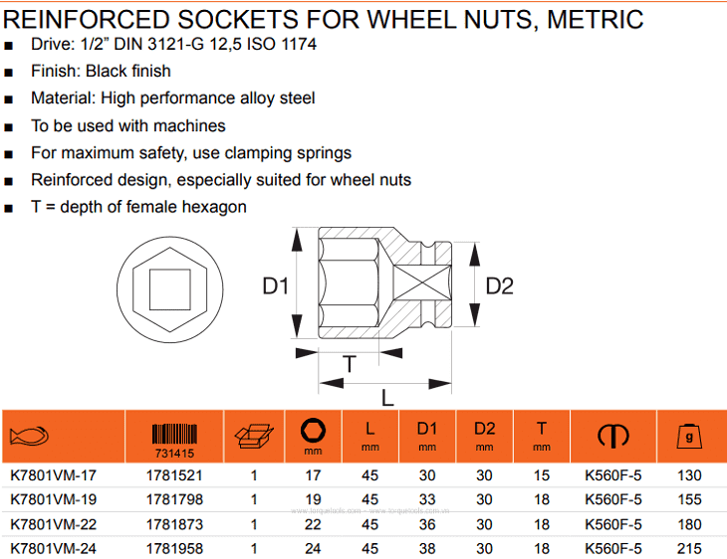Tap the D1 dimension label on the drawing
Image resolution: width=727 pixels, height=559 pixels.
(275, 286)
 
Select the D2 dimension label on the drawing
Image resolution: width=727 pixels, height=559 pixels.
(499, 286)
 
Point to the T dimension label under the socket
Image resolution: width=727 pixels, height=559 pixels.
(350, 364)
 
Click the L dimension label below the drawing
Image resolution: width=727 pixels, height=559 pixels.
(387, 396)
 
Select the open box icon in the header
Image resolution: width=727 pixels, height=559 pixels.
(253, 436)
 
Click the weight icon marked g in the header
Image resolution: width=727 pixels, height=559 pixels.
(686, 435)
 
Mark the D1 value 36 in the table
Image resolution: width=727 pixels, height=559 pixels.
(427, 524)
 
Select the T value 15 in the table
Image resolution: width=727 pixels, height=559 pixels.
(541, 475)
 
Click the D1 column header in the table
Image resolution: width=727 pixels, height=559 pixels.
(427, 429)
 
